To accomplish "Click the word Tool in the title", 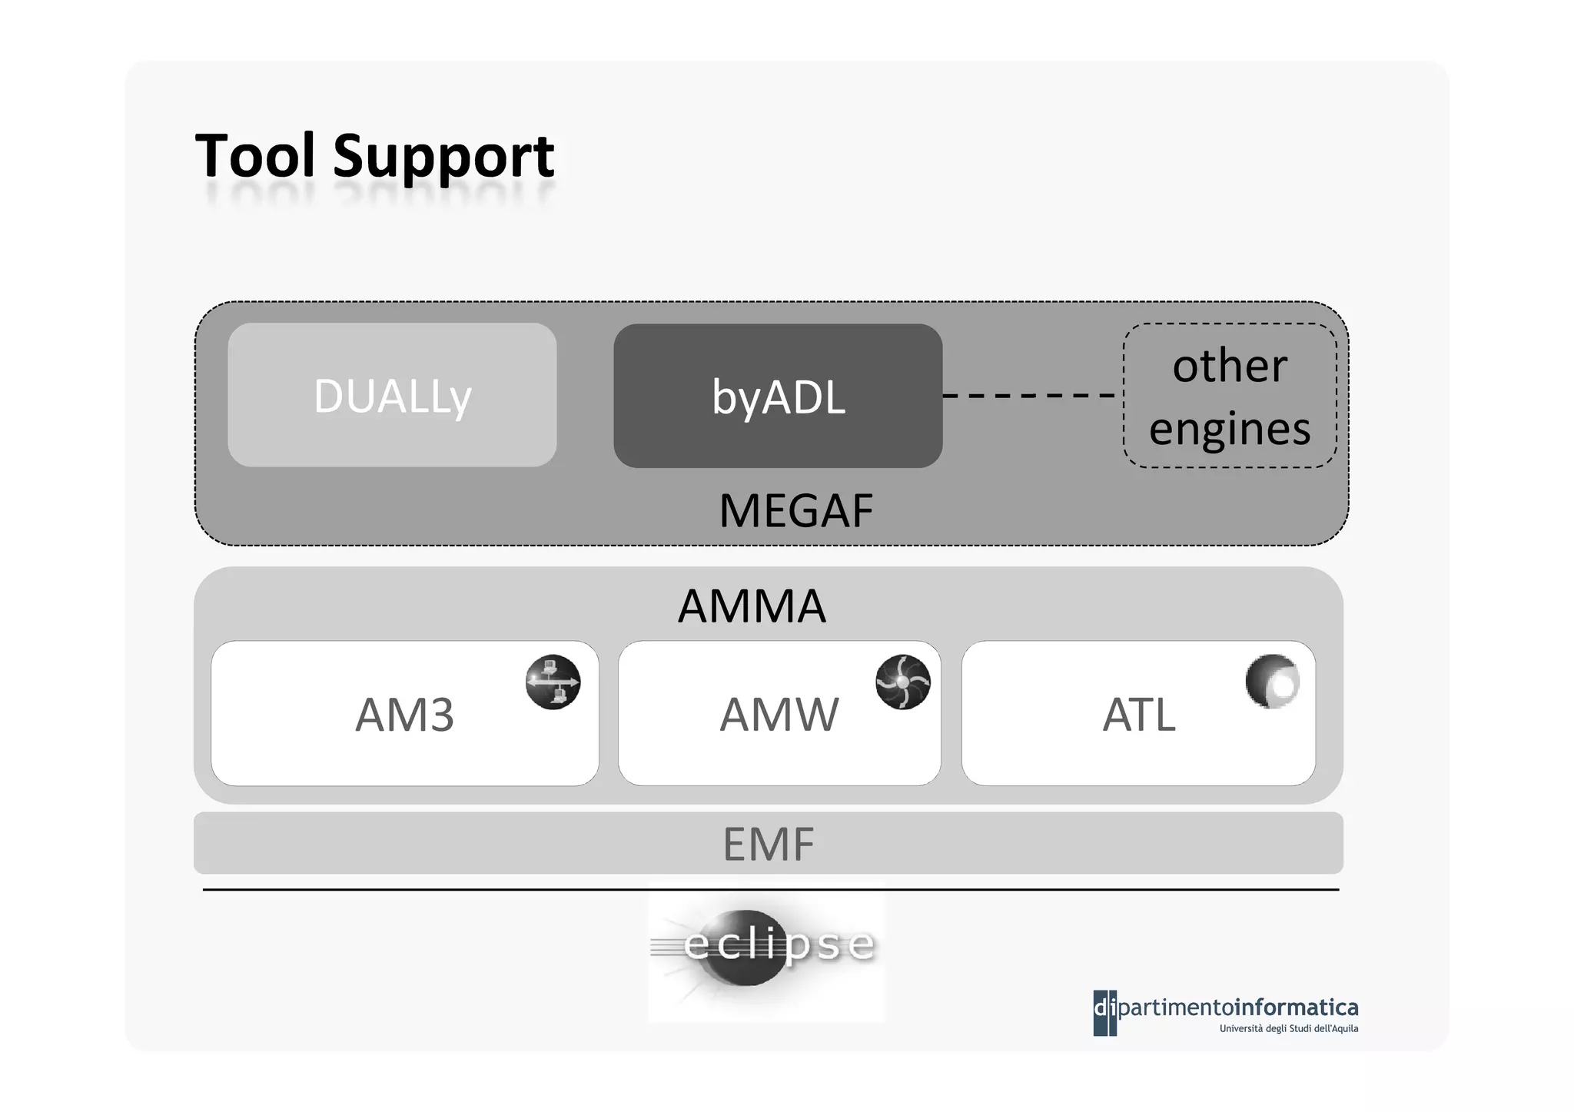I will [x=255, y=156].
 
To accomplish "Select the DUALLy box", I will [x=392, y=395].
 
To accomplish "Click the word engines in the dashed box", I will [x=1230, y=429].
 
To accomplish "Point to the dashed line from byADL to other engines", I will [x=1030, y=395].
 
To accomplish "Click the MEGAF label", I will [x=796, y=511].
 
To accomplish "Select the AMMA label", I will [x=752, y=606].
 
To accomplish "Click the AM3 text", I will [x=404, y=715].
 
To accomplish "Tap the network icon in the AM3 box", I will [x=553, y=682].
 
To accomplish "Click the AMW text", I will [x=779, y=715].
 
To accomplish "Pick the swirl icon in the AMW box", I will [x=903, y=682].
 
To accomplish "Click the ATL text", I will [x=1138, y=715].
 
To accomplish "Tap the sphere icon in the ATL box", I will [x=1273, y=681].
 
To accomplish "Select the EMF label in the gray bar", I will [x=768, y=844].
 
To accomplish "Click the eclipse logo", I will [x=767, y=953].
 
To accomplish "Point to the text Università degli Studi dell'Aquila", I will [x=1288, y=1029].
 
